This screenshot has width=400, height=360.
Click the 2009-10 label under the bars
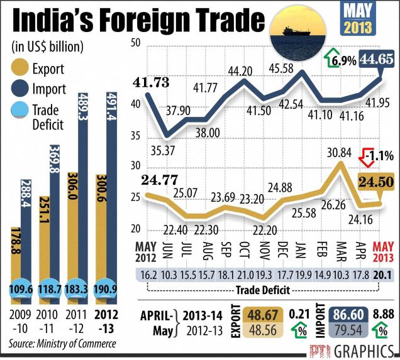(21, 318)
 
